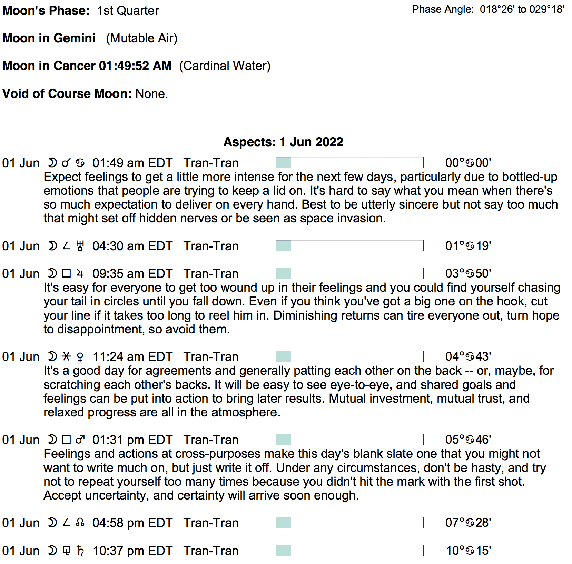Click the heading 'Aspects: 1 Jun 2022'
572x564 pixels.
[x=283, y=142]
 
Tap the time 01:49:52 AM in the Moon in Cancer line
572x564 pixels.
[x=135, y=66]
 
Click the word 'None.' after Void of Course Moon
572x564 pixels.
[x=152, y=94]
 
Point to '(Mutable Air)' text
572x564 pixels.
[x=141, y=38]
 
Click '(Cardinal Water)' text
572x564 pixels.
[x=225, y=66]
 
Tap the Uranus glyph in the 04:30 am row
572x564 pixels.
[x=80, y=246]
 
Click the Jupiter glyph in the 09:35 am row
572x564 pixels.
[x=80, y=274]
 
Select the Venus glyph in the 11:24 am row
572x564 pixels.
[x=80, y=357]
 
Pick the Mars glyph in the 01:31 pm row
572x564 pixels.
[x=80, y=440]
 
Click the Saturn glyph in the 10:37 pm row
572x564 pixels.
[x=80, y=551]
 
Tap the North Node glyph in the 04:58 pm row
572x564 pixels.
[x=80, y=523]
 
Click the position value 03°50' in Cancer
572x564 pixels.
[x=468, y=274]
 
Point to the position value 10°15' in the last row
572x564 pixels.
[x=468, y=551]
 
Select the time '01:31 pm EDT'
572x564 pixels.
[x=132, y=440]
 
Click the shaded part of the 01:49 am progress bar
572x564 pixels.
[x=284, y=163]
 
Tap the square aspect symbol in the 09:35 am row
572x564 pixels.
[x=66, y=274]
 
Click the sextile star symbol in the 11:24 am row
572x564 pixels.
[x=66, y=356]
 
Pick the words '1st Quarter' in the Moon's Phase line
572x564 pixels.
[x=128, y=11]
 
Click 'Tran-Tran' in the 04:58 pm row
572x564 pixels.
[x=211, y=523]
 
